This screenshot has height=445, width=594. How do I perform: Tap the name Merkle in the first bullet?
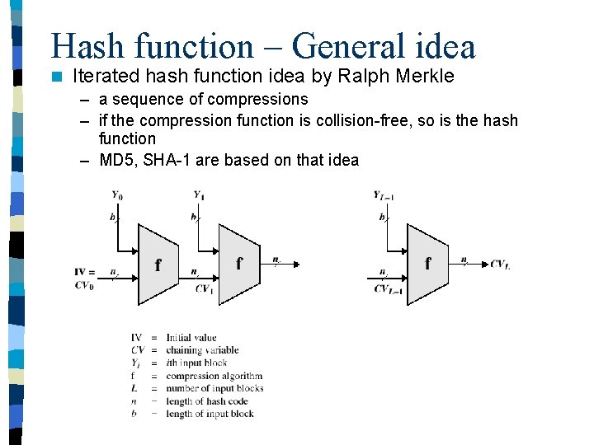point(425,77)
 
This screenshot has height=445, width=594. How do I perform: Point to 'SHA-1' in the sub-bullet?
point(167,160)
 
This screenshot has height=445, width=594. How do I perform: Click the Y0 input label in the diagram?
point(118,195)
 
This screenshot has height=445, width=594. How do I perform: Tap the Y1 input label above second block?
point(198,195)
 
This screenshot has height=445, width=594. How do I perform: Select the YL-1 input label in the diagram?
point(384,195)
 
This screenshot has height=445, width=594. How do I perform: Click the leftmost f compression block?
point(158,265)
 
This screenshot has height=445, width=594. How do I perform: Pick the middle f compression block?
point(238,264)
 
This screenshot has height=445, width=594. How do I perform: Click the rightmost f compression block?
point(427,264)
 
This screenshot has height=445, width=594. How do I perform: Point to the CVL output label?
point(500,264)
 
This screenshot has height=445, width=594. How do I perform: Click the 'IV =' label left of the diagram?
point(85,272)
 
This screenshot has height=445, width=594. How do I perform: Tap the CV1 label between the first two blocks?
point(204,288)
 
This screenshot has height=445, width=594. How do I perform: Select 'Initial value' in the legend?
point(191,337)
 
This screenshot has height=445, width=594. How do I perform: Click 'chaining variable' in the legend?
point(202,350)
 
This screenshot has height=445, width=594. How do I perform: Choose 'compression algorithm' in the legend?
point(214,376)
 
